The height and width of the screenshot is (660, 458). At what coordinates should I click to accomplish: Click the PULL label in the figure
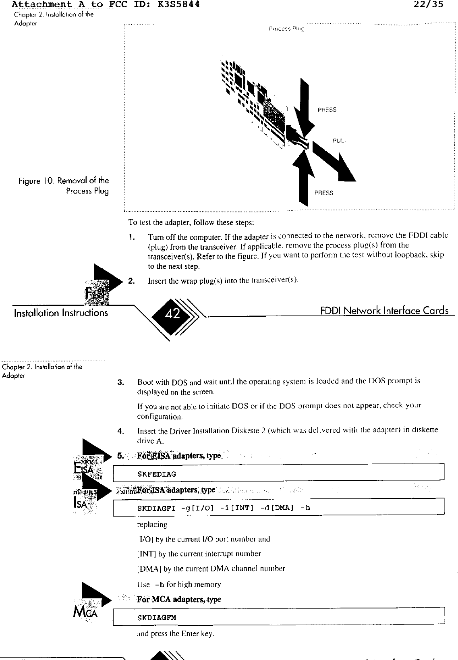(x=340, y=141)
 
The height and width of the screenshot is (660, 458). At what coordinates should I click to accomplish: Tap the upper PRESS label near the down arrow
(x=327, y=110)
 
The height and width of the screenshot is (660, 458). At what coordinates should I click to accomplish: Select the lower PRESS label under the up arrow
(x=324, y=193)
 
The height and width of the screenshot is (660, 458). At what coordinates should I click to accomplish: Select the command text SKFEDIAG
(x=157, y=474)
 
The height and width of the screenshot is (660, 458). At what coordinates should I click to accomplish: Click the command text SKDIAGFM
(x=157, y=618)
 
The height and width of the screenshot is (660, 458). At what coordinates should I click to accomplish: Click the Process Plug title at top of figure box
(x=286, y=29)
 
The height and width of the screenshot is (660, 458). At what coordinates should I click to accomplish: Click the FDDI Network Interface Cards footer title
(x=384, y=311)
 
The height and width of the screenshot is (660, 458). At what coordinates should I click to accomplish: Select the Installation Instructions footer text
(x=61, y=313)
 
